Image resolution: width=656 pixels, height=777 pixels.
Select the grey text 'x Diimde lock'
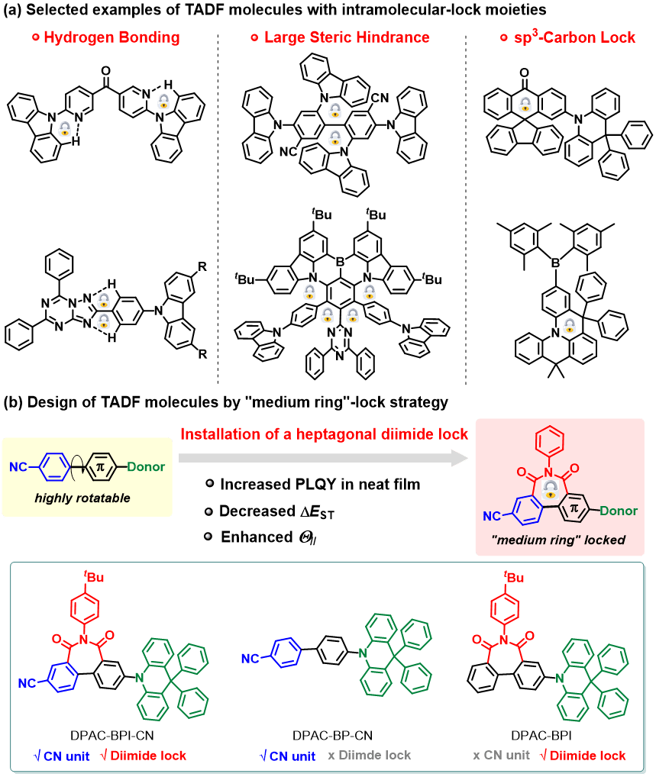(x=370, y=755)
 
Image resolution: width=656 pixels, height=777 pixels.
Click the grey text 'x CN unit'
(x=502, y=755)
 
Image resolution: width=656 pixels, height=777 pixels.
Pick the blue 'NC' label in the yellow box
(x=20, y=466)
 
